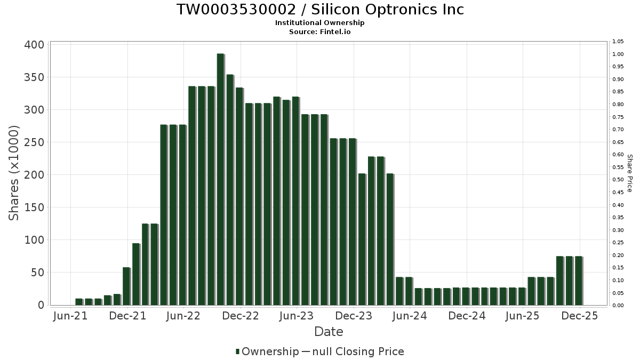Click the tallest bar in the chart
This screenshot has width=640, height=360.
220,179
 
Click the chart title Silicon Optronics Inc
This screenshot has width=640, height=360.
320,10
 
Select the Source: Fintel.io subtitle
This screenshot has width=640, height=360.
320,31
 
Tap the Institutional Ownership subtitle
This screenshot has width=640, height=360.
320,23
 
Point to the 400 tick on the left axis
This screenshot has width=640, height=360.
34,45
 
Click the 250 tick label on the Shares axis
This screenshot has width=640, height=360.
34,142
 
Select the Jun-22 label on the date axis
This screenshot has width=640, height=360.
183,316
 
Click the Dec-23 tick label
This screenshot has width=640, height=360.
354,316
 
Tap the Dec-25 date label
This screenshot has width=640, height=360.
580,316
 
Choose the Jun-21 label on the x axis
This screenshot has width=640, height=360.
70,316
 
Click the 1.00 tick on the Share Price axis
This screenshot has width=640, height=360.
618,54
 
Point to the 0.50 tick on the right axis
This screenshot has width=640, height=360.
618,180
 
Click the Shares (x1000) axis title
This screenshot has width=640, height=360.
14,173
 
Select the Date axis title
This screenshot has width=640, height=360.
329,332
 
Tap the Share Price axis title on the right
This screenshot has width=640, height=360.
630,173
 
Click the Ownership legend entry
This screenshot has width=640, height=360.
267,351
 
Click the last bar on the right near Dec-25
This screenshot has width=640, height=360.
578,281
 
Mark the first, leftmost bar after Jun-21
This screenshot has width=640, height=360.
79,302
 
